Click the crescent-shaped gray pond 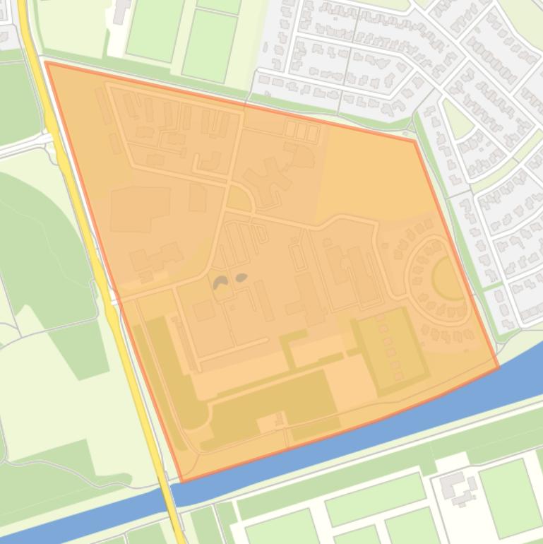click(x=221, y=283)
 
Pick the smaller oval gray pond click(x=241, y=278)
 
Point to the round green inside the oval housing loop click(x=446, y=278)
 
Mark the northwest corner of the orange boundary click(x=47, y=63)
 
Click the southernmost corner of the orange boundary click(x=182, y=481)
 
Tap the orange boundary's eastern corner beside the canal click(x=498, y=367)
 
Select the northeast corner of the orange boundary click(x=414, y=141)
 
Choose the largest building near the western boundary click(x=140, y=208)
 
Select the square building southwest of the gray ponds click(x=204, y=310)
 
